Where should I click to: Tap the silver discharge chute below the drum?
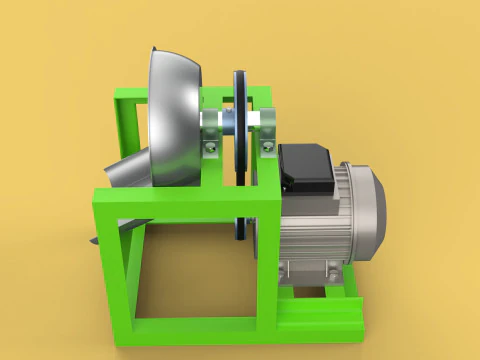tap(126, 170)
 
